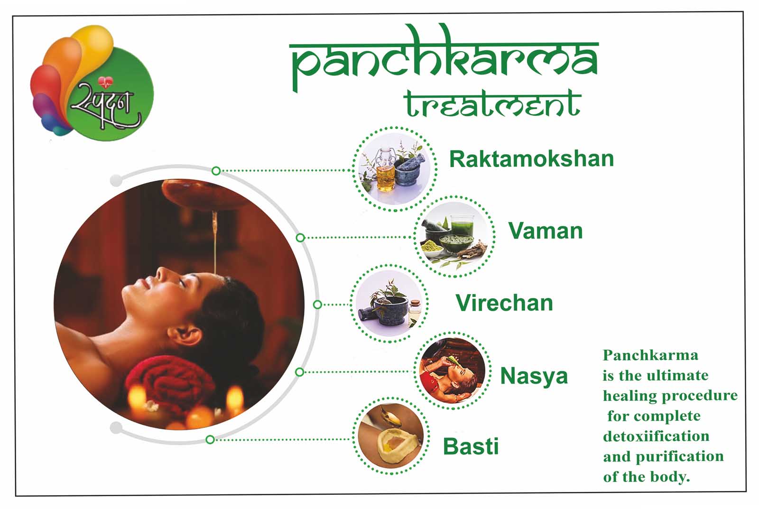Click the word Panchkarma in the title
444,57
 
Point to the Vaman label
546,231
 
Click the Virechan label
504,303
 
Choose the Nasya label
534,376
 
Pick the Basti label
471,446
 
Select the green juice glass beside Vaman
462,226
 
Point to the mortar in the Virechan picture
389,310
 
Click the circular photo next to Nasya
453,370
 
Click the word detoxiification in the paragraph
656,436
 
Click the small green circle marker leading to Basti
210,440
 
